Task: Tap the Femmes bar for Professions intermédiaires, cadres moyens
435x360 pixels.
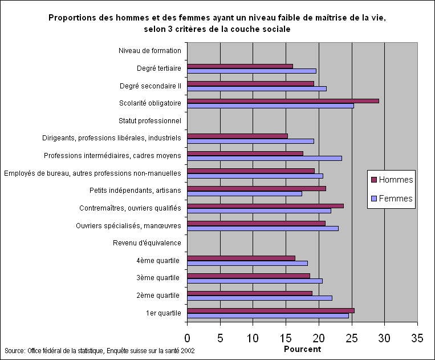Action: click(265, 158)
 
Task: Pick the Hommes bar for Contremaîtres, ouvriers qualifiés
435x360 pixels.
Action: click(265, 206)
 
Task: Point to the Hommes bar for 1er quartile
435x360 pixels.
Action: click(271, 310)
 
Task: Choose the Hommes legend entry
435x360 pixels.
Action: click(392, 180)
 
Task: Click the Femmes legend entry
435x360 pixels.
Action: click(392, 199)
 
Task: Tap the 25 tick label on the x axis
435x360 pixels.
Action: click(352, 338)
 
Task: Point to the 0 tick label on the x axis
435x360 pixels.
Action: click(188, 338)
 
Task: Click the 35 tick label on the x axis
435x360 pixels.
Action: click(417, 338)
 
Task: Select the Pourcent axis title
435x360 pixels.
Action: click(302, 349)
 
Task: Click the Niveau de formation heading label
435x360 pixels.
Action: click(150, 51)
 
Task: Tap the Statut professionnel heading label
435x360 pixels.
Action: click(150, 120)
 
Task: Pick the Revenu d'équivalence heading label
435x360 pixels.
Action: click(147, 243)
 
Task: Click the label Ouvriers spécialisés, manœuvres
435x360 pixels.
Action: click(128, 226)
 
